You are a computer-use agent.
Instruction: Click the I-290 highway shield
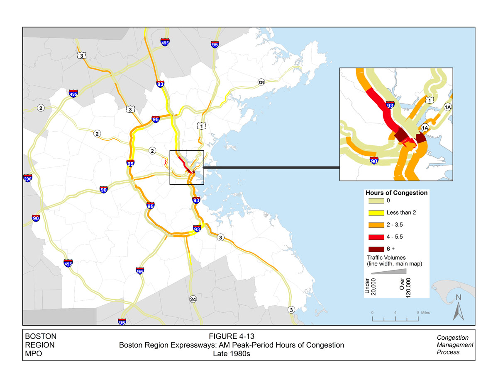click(28, 178)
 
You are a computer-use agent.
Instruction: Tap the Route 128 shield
click(261, 82)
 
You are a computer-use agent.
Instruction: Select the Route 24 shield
click(193, 299)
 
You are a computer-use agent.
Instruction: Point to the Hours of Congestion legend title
click(396, 193)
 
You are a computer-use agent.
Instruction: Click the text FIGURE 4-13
click(231, 336)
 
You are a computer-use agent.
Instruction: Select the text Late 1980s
click(231, 354)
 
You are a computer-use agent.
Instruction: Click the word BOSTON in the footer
click(41, 336)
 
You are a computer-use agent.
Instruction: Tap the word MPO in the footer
click(34, 354)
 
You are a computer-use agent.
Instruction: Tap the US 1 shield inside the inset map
click(430, 100)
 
